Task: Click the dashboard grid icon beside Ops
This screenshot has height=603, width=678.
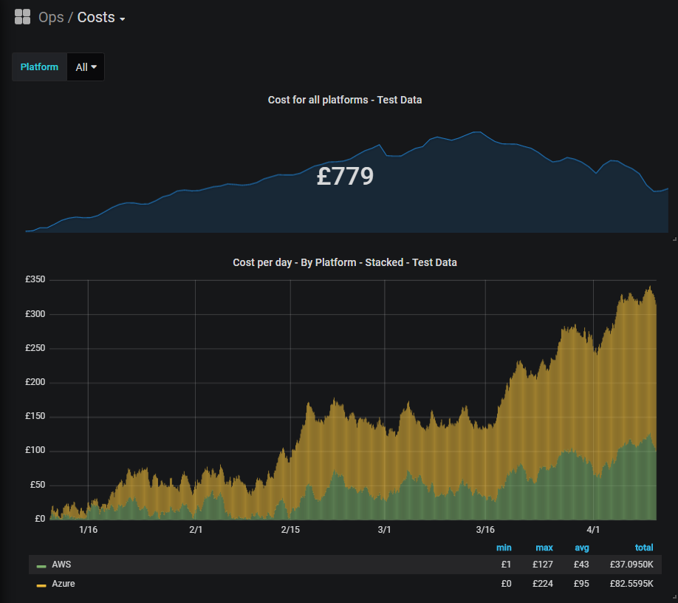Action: click(22, 17)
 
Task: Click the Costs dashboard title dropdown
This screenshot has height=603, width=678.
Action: click(100, 18)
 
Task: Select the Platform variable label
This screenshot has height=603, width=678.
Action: click(39, 67)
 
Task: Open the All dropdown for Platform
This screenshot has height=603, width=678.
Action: click(86, 67)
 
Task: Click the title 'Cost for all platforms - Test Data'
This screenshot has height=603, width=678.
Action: click(344, 100)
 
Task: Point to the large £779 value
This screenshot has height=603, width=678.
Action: click(345, 177)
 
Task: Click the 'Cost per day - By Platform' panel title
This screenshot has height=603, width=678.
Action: click(344, 262)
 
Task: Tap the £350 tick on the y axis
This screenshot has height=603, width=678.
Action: click(35, 280)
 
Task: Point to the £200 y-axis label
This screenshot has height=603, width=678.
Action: click(35, 383)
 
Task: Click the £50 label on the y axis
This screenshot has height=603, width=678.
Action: click(37, 485)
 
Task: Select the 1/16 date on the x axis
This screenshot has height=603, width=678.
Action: click(88, 530)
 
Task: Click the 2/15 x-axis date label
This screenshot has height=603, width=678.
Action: click(290, 530)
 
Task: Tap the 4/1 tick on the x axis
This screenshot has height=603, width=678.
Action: click(593, 530)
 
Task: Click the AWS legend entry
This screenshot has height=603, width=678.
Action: click(61, 565)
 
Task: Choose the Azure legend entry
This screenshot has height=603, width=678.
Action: click(63, 584)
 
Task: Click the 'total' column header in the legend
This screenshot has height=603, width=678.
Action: click(644, 548)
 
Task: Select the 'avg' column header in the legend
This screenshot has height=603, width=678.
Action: click(583, 548)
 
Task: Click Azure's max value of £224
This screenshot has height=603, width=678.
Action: click(544, 584)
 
